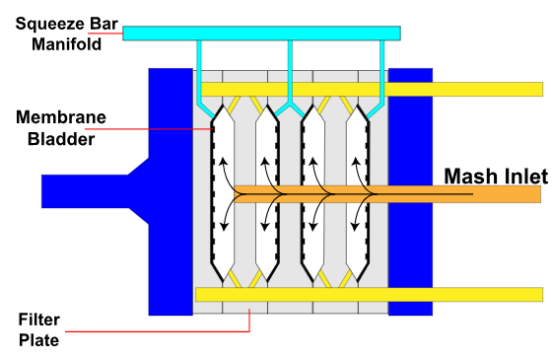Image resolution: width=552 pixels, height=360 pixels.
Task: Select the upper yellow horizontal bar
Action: pos(463,89)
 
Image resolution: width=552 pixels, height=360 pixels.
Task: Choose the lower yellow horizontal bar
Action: pos(463,294)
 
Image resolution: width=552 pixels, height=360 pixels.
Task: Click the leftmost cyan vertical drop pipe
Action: pos(199,69)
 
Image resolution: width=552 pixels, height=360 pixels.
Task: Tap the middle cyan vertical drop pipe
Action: pos(290,69)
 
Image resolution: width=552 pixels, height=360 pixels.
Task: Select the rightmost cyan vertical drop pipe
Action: pos(380,69)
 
